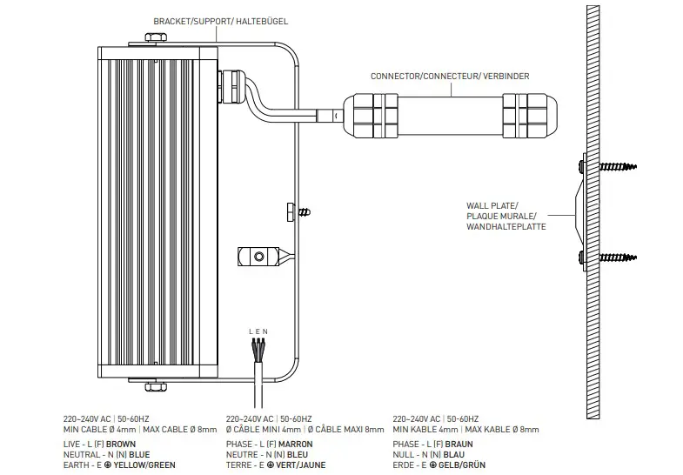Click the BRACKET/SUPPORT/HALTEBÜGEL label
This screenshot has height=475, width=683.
[220, 19]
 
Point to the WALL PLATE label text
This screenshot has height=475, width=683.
[492, 205]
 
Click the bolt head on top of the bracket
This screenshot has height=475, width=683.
[156, 38]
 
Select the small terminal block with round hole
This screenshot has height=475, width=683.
[258, 258]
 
